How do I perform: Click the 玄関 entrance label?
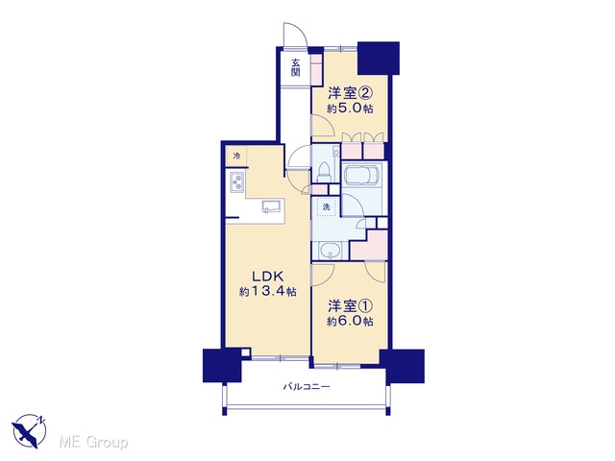(295, 67)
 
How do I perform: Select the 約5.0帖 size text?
(350, 109)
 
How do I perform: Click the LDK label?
(267, 277)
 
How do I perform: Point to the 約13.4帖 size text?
(268, 292)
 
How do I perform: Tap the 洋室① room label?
(350, 305)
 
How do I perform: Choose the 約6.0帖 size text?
(350, 322)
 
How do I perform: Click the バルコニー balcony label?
(307, 387)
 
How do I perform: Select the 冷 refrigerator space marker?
(236, 156)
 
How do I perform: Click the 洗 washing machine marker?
(327, 207)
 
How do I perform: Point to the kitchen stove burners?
(237, 182)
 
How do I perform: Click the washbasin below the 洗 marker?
(330, 251)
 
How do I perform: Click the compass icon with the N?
(29, 431)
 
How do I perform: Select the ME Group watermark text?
(93, 443)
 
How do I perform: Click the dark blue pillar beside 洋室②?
(379, 58)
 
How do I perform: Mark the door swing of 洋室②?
(323, 126)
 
